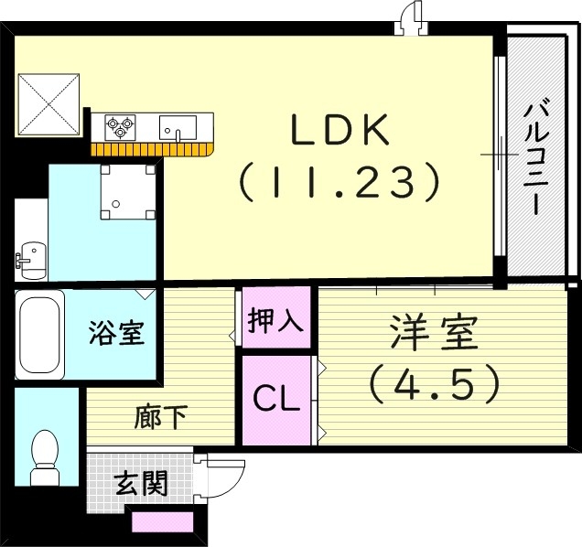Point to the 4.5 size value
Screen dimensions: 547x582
pyautogui.click(x=435, y=384)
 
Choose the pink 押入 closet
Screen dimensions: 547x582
pyautogui.click(x=276, y=321)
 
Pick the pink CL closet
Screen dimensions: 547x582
pyautogui.click(x=276, y=399)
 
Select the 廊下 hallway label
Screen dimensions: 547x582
pyautogui.click(x=161, y=418)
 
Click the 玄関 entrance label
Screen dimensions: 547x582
pyautogui.click(x=142, y=482)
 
